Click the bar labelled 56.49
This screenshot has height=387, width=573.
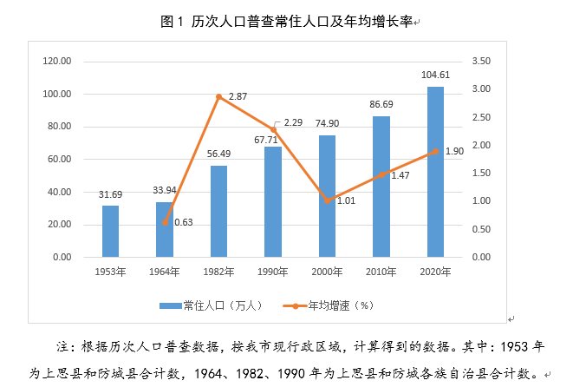[x=218, y=211]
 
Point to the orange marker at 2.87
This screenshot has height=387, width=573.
[x=218, y=96]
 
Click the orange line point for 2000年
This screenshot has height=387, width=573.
[x=327, y=200]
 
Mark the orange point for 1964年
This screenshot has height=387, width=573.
[x=165, y=222]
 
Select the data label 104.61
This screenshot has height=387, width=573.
[x=435, y=75]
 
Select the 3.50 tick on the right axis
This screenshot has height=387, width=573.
[x=483, y=61]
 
